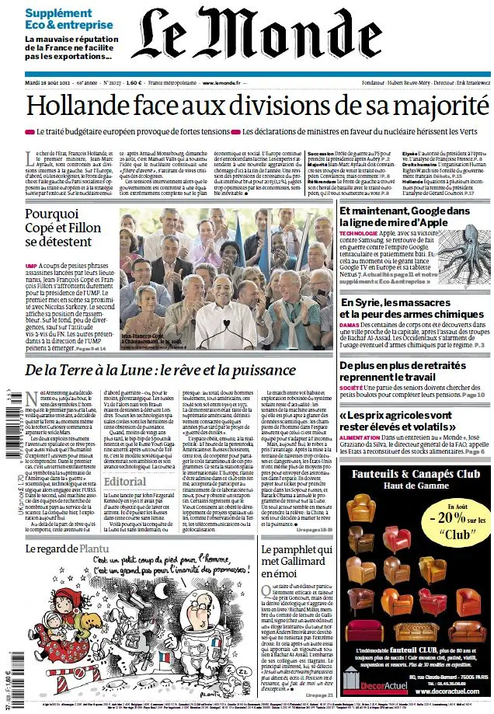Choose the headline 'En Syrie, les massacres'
pyautogui.click(x=408, y=302)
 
